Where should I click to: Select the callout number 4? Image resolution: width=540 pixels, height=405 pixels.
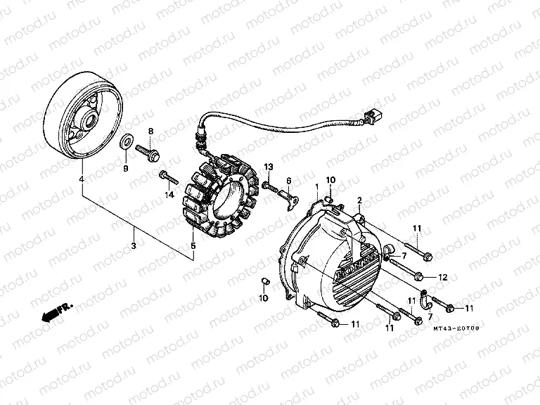[82, 181]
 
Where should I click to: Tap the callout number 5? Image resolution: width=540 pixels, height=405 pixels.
[193, 246]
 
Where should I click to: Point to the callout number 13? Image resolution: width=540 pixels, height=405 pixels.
[268, 166]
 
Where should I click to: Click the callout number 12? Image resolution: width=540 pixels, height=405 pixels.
[442, 278]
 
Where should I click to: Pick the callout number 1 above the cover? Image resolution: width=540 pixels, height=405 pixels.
[316, 186]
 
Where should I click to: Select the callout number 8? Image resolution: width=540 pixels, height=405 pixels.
[149, 131]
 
